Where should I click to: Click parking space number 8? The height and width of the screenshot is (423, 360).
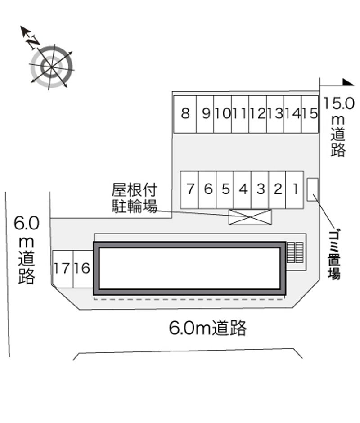(x=185, y=114)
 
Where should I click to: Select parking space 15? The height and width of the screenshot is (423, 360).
(x=310, y=114)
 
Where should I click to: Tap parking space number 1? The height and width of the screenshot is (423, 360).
(x=295, y=189)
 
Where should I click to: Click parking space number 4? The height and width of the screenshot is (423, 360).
(x=243, y=189)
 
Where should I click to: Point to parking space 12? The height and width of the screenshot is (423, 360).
(x=258, y=114)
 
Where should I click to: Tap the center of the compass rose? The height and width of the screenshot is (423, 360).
(x=51, y=66)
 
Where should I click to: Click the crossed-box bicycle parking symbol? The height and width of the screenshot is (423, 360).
(x=250, y=217)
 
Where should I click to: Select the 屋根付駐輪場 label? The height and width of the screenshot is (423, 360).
(x=135, y=198)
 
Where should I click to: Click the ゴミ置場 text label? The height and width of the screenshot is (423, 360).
(x=334, y=254)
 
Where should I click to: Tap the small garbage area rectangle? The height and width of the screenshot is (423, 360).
(x=312, y=189)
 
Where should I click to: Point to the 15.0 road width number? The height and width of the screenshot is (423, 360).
(x=339, y=103)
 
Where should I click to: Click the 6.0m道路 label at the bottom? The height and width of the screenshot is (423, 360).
(x=208, y=328)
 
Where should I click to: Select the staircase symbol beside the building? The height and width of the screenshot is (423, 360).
(x=295, y=252)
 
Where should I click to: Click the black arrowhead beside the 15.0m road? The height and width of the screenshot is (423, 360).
(x=348, y=82)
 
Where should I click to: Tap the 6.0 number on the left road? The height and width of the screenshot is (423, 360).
(x=27, y=223)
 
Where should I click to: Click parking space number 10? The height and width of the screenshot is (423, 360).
(x=223, y=114)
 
